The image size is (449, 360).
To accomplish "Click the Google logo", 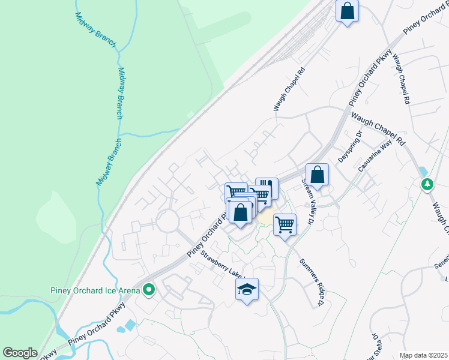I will (x=20, y=353).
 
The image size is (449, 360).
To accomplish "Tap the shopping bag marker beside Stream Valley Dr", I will (x=318, y=175).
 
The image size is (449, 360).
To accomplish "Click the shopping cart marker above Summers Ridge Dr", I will (x=285, y=225).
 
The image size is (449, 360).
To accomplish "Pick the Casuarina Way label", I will (x=379, y=157).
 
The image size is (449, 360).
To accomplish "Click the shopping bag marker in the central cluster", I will (x=240, y=212).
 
